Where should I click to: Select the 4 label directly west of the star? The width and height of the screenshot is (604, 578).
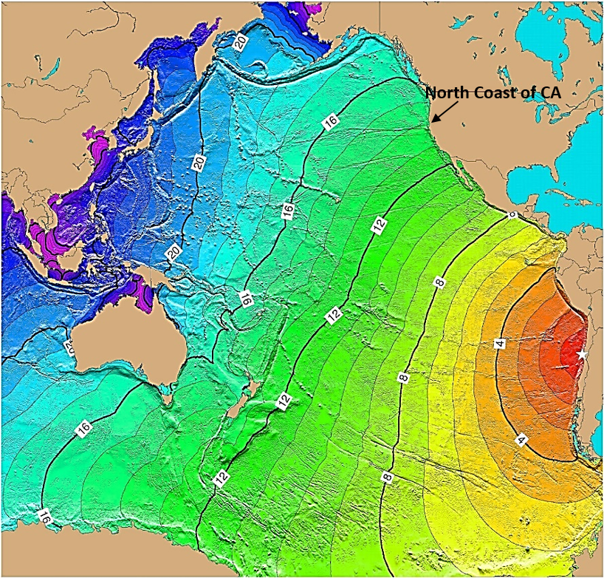[499, 344]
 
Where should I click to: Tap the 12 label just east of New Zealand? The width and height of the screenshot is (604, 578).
[284, 400]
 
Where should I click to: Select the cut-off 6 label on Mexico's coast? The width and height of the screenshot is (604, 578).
[512, 214]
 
